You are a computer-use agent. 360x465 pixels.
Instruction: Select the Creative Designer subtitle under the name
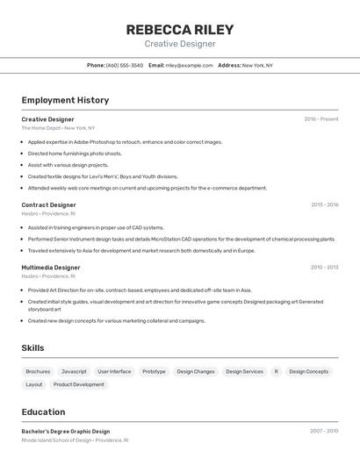pyautogui.click(x=180, y=44)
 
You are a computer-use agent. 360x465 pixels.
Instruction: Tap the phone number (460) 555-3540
pyautogui.click(x=125, y=65)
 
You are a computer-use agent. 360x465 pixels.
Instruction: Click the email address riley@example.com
pyautogui.click(x=190, y=65)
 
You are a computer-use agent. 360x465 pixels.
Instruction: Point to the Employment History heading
pyautogui.click(x=65, y=100)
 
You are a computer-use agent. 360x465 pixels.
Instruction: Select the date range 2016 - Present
pyautogui.click(x=321, y=118)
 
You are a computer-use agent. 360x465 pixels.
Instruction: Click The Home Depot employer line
pyautogui.click(x=58, y=128)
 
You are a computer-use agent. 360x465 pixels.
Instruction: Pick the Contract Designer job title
pyautogui.click(x=48, y=204)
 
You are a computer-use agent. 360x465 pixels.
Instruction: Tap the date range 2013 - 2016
pyautogui.click(x=324, y=204)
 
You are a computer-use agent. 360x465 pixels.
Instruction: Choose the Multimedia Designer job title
pyautogui.click(x=51, y=268)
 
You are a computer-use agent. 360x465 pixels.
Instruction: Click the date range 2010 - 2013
pyautogui.click(x=324, y=268)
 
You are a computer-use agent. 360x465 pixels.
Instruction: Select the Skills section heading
pyautogui.click(x=32, y=348)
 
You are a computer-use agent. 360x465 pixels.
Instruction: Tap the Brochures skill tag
pyautogui.click(x=38, y=371)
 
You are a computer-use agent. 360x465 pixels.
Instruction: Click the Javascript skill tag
pyautogui.click(x=74, y=371)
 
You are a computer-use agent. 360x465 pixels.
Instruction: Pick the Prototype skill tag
pyautogui.click(x=154, y=371)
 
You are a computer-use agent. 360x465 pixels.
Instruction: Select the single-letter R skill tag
pyautogui.click(x=276, y=371)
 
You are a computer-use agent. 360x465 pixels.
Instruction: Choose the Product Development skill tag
pyautogui.click(x=78, y=384)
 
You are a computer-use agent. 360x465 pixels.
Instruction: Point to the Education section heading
pyautogui.click(x=43, y=411)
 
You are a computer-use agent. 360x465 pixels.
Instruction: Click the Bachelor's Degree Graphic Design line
pyautogui.click(x=66, y=431)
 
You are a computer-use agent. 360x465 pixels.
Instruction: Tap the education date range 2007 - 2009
pyautogui.click(x=324, y=431)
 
